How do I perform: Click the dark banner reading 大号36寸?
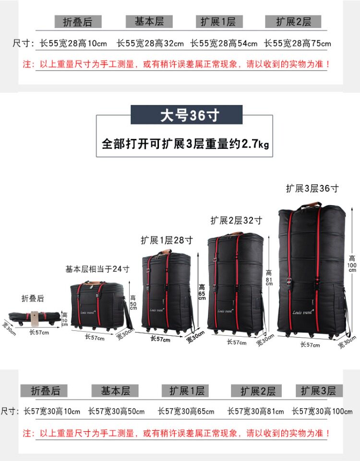187,116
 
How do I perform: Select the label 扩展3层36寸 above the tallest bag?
312,188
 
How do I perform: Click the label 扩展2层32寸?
236,220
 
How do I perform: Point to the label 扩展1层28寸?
167,240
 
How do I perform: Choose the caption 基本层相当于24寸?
97,269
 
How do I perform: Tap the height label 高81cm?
269,280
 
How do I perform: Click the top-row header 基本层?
149,22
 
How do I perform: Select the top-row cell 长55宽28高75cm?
298,44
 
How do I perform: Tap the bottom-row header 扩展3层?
318,390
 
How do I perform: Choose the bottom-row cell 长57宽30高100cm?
322,412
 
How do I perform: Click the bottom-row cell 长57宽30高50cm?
116,412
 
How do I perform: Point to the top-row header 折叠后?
77,22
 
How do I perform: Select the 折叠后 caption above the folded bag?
33,298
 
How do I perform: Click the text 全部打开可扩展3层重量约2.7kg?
185,143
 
